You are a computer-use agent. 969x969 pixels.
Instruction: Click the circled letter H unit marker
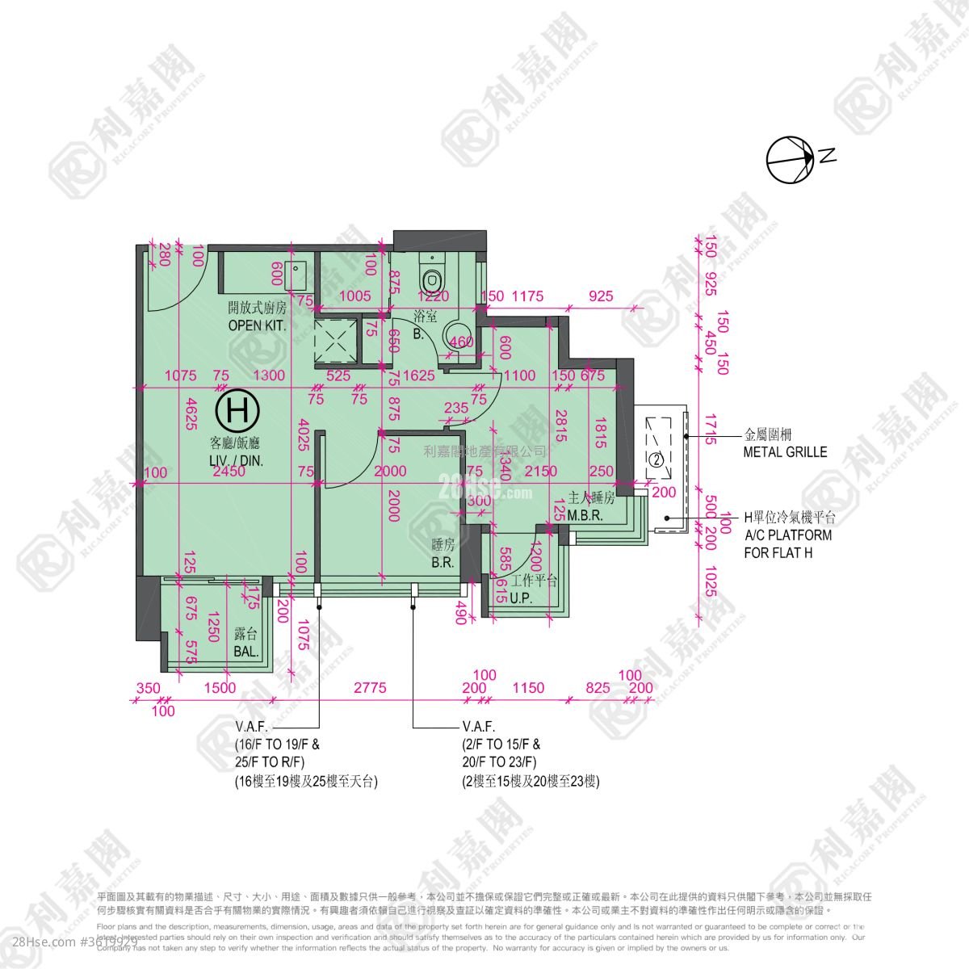pyautogui.click(x=238, y=410)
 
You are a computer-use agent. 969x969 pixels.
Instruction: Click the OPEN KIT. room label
pyautogui.click(x=257, y=325)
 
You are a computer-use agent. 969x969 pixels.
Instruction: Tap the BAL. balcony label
pyautogui.click(x=246, y=652)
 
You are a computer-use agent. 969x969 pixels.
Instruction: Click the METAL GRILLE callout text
pyautogui.click(x=785, y=452)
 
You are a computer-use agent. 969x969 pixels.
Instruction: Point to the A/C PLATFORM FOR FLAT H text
pyautogui.click(x=787, y=535)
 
